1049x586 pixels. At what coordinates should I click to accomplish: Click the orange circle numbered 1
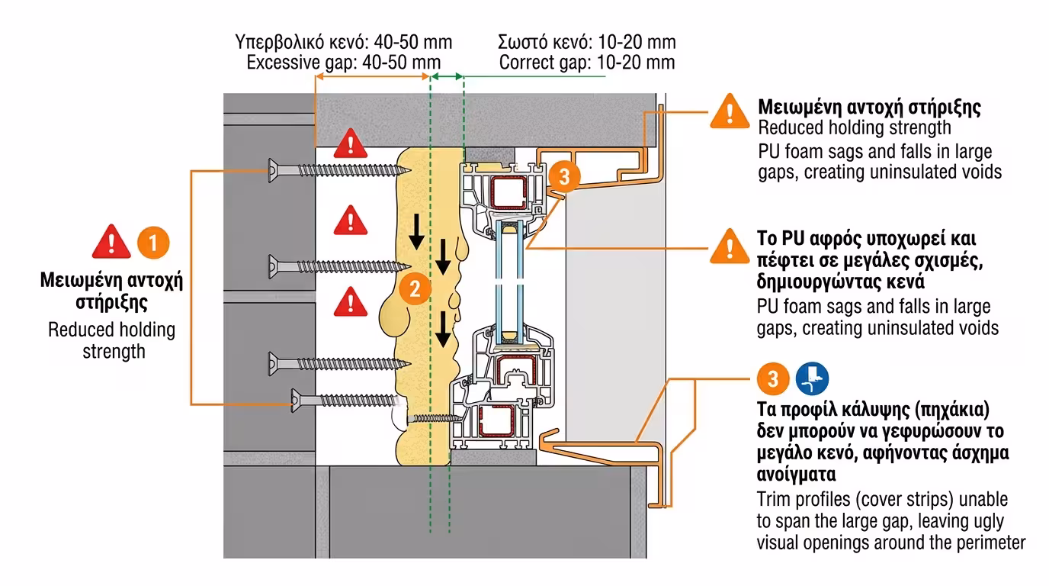tap(153, 243)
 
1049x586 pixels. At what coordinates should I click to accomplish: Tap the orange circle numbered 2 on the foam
tap(415, 288)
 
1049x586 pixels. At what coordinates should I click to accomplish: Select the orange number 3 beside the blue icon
tap(773, 378)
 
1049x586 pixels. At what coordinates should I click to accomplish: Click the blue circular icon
tap(812, 378)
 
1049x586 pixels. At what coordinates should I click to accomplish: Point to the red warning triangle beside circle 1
tap(111, 243)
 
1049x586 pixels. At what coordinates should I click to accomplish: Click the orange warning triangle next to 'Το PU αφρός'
tap(730, 246)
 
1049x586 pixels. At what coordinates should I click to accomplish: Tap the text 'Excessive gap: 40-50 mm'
tap(343, 63)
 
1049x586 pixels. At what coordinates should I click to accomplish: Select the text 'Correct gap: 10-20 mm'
tap(587, 63)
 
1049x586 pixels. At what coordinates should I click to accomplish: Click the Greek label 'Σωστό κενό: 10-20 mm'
tap(587, 42)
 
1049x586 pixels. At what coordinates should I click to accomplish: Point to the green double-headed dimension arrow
tap(447, 76)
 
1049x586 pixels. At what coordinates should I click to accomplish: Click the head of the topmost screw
tap(273, 169)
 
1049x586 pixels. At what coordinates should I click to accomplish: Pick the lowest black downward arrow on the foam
tap(443, 329)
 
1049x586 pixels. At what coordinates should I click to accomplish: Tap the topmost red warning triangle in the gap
tap(350, 143)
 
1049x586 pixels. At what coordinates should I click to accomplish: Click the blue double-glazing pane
tap(510, 282)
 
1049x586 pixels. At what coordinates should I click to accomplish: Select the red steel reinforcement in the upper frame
tap(508, 193)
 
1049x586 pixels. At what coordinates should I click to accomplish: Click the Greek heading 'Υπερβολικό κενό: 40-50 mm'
tap(343, 42)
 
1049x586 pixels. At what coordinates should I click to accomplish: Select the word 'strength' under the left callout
tap(114, 351)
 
